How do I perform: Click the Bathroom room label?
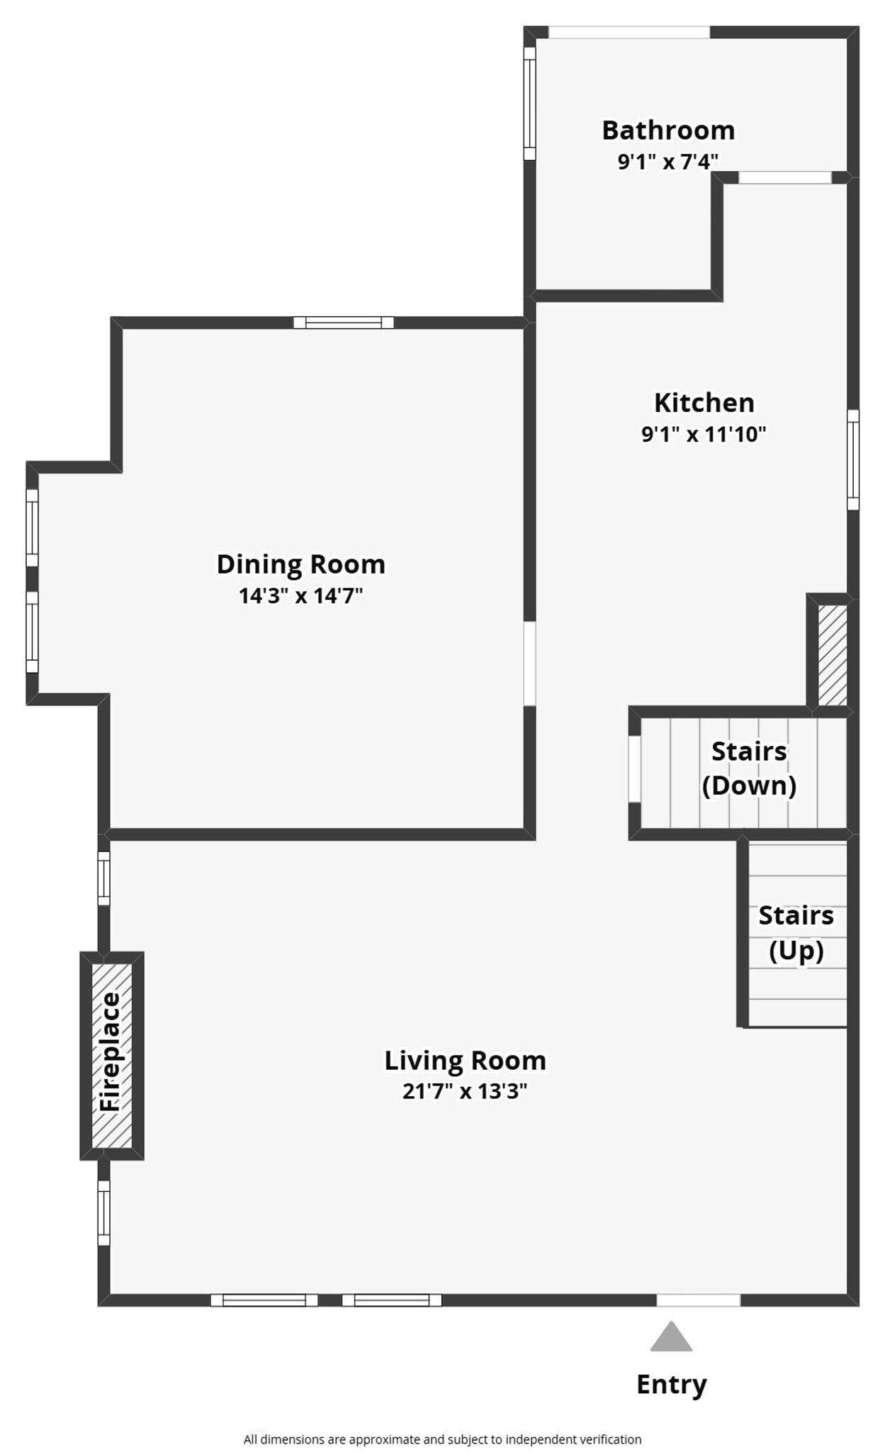pyautogui.click(x=667, y=130)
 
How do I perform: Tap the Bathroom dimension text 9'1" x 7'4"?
pyautogui.click(x=667, y=162)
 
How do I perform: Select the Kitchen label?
pyautogui.click(x=704, y=403)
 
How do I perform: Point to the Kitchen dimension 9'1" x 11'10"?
pyautogui.click(x=704, y=434)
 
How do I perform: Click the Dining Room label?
pyautogui.click(x=301, y=564)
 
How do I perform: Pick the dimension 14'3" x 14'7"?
pyautogui.click(x=301, y=596)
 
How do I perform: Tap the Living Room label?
pyautogui.click(x=465, y=1061)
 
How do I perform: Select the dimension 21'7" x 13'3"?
pyautogui.click(x=465, y=1091)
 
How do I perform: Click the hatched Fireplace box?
pyautogui.click(x=112, y=1055)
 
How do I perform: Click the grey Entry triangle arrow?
pyautogui.click(x=671, y=1337)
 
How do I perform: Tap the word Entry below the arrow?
pyautogui.click(x=671, y=1384)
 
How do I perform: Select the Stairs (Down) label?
pyautogui.click(x=749, y=768)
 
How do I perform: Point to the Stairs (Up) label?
pyautogui.click(x=796, y=932)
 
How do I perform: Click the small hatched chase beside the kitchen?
pyautogui.click(x=833, y=654)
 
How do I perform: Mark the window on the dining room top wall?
pyautogui.click(x=344, y=323)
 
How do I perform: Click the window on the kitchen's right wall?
pyautogui.click(x=853, y=459)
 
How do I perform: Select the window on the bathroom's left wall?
pyautogui.click(x=529, y=104)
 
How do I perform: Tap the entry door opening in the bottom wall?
pyautogui.click(x=698, y=1300)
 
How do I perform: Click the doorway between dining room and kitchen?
pyautogui.click(x=529, y=664)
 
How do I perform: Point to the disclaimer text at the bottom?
pyautogui.click(x=442, y=1439)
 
